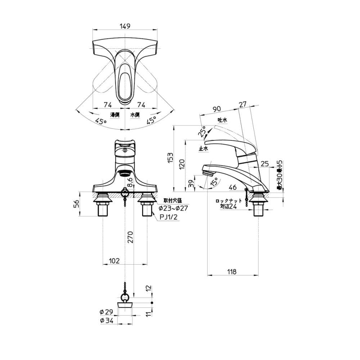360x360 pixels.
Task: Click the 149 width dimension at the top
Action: pyautogui.click(x=125, y=26)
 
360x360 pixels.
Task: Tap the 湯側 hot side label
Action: pyautogui.click(x=115, y=114)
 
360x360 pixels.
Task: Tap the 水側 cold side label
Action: pyautogui.click(x=135, y=114)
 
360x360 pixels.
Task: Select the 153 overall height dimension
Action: pyautogui.click(x=170, y=158)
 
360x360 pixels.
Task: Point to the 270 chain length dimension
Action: pyautogui.click(x=130, y=237)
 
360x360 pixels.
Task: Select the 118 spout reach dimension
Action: pyautogui.click(x=232, y=272)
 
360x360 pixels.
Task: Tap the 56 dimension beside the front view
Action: pyautogui.click(x=76, y=204)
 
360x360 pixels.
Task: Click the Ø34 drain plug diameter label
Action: pyautogui.click(x=107, y=321)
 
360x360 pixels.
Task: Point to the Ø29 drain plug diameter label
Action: pyautogui.click(x=107, y=311)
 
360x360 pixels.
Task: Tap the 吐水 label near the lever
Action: pyautogui.click(x=222, y=120)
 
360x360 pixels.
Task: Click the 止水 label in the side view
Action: pyautogui.click(x=203, y=148)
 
